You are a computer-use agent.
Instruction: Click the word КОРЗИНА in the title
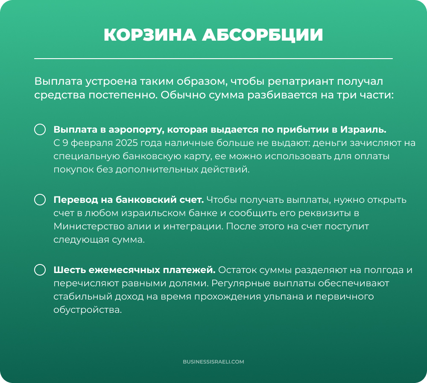point(149,35)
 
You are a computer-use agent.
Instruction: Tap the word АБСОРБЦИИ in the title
point(262,35)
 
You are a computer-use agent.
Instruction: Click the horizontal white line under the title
point(213,58)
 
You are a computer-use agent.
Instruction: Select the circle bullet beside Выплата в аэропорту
point(40,130)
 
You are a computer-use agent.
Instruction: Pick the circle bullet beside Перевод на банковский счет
point(40,200)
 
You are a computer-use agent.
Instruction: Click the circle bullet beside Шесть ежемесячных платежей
point(40,270)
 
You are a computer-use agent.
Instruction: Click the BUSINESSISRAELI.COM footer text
point(213,362)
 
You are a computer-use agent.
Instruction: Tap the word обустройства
point(88,310)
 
